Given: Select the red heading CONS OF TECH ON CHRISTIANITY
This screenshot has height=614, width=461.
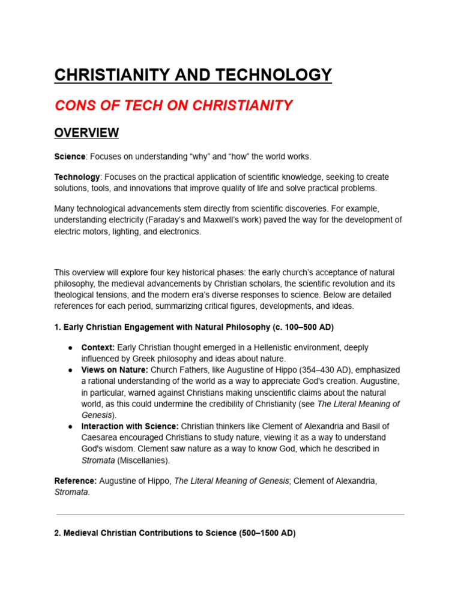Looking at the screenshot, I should (173, 106).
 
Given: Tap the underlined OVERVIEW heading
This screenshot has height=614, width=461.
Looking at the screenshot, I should (86, 133).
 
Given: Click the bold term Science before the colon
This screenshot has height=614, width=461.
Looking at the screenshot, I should (70, 156).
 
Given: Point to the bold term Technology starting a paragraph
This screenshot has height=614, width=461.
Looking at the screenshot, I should (77, 177).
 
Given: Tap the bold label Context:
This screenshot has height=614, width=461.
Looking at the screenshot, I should (98, 348).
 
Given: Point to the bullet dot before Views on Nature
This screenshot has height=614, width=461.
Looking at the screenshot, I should (70, 370).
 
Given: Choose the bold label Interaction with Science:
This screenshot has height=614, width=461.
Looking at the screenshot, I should (130, 426).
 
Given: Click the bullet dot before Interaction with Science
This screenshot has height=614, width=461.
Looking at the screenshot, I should (70, 426).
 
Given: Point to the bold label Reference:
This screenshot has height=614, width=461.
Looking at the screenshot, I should (76, 481).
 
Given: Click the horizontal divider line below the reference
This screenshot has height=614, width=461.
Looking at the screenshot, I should (230, 514).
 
